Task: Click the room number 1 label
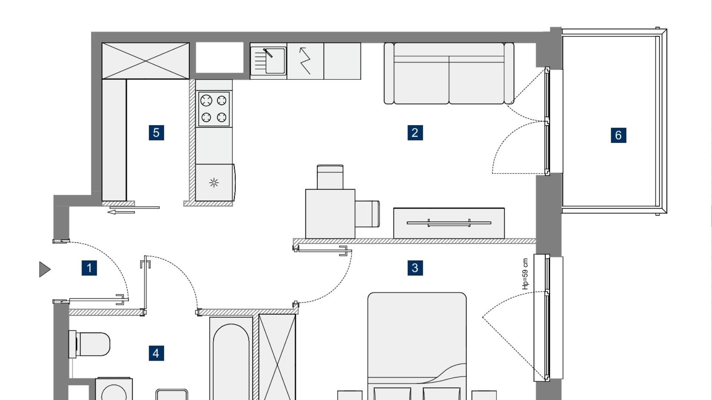coord(89,268)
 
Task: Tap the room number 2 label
coord(415,133)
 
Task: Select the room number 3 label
coord(415,268)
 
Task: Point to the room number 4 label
coord(156,353)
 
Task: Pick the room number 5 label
coord(156,133)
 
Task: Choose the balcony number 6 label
coord(618,135)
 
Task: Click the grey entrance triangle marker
coord(44,269)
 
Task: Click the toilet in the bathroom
coord(89,344)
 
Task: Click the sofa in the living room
coord(449,73)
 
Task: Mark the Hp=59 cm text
coord(525,274)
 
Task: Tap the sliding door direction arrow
coord(121,212)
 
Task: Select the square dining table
coord(330,214)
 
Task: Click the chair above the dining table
coord(330,177)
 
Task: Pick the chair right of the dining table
coord(367,214)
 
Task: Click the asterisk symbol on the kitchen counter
coord(214,183)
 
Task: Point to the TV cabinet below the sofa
coord(449,223)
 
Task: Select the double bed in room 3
coord(417,346)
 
